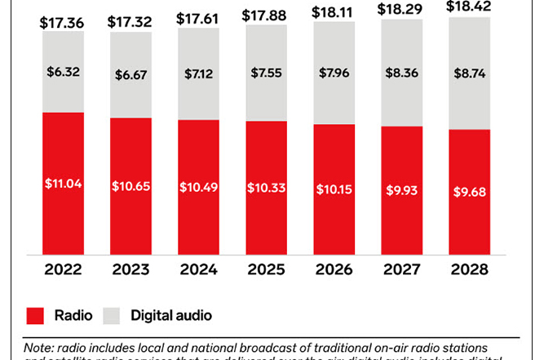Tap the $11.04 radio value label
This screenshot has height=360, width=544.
(62, 184)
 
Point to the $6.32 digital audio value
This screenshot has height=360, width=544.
(62, 72)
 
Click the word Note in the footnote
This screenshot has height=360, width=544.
(37, 346)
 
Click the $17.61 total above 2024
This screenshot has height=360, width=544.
(198, 20)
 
